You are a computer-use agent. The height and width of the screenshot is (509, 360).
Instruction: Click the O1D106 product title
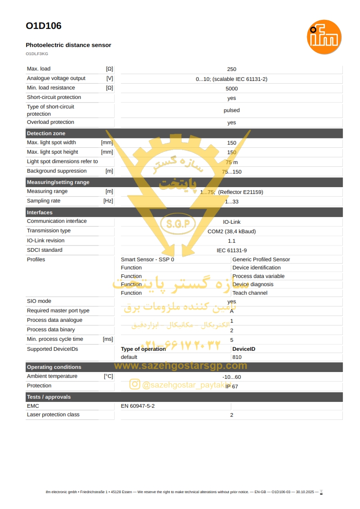43,26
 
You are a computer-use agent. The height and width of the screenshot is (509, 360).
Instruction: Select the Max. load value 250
231,69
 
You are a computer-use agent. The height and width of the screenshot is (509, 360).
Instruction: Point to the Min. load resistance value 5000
231,89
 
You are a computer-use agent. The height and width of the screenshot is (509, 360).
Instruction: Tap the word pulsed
231,110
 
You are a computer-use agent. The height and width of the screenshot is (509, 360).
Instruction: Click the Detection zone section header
46,133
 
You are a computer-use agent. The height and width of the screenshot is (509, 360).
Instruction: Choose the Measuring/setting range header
58,182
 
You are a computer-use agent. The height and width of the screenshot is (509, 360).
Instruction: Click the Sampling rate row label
43,201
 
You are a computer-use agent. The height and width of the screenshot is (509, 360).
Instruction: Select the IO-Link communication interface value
231,222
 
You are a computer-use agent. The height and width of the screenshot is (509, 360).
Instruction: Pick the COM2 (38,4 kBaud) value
231,231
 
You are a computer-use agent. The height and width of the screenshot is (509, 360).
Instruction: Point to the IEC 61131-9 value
231,250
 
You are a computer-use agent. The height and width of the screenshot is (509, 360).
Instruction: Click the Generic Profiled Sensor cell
261,259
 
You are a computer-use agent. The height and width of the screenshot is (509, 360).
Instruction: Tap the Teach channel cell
250,293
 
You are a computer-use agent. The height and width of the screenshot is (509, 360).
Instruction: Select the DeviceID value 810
237,357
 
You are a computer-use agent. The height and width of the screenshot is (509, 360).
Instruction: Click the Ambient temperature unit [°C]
108,376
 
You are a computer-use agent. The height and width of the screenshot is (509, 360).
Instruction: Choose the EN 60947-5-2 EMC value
138,406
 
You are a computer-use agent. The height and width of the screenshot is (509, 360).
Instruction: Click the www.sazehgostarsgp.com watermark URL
181,366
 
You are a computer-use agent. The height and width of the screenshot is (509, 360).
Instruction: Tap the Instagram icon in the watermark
135,384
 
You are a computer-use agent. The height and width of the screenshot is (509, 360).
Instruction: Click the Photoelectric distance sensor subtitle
68,45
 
